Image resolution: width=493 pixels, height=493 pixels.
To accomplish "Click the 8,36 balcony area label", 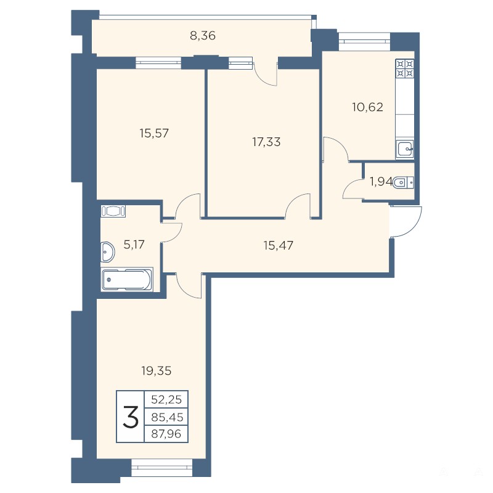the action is click(203, 36).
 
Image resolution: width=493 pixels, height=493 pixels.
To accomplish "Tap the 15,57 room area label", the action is click(154, 133).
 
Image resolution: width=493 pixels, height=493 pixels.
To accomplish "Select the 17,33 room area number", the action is click(266, 142).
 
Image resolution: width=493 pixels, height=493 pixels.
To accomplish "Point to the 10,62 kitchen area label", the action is click(367, 107).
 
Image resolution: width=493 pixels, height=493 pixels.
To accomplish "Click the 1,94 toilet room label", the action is click(381, 182).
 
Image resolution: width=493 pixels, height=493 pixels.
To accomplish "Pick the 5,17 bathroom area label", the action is click(134, 245).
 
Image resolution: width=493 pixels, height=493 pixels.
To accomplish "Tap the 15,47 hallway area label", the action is click(279, 245).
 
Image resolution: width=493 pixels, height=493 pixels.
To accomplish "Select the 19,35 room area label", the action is click(157, 371).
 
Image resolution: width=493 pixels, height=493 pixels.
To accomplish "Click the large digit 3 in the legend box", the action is click(131, 417).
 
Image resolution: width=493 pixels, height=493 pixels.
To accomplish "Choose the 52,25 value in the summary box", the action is click(166, 399).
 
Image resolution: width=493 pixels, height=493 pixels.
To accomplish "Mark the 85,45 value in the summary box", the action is click(167, 417).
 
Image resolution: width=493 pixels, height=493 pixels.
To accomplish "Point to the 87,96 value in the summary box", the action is click(166, 434).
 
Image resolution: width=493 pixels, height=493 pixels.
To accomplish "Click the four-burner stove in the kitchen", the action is click(405, 69).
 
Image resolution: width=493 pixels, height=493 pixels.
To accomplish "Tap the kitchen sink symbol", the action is click(405, 149).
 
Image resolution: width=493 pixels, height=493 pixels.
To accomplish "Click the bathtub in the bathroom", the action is click(127, 279).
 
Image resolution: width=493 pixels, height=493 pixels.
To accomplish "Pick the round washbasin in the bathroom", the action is click(107, 252).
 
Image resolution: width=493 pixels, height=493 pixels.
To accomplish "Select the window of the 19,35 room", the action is click(161, 463).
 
